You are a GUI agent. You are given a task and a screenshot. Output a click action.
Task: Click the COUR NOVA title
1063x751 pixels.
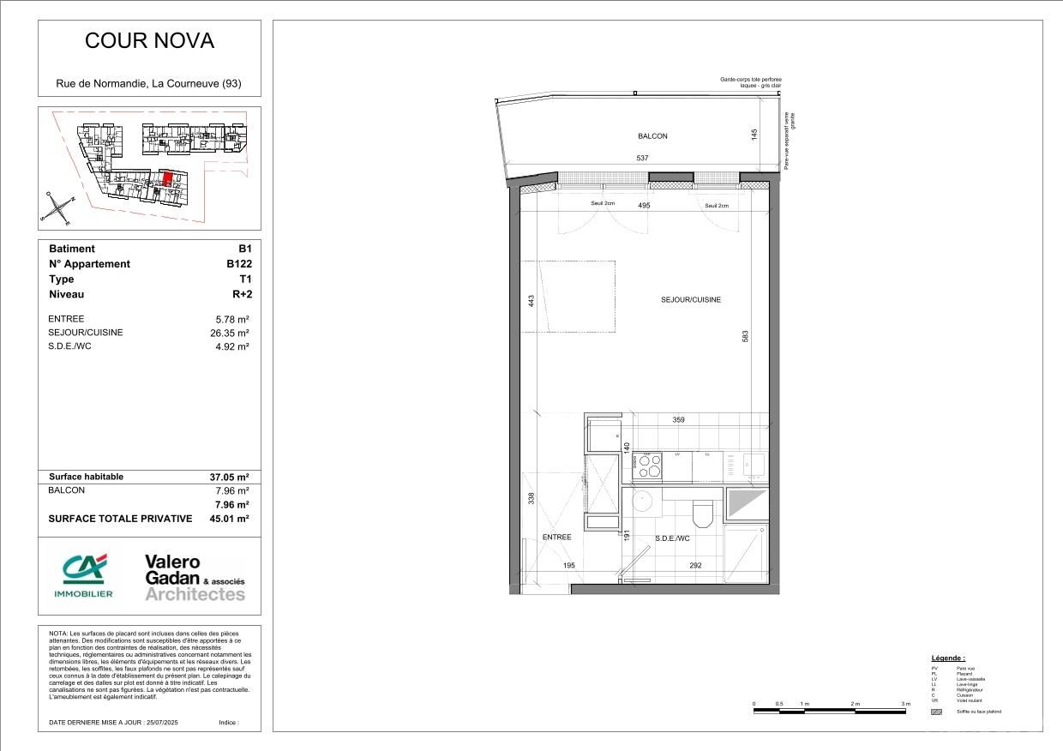(149, 41)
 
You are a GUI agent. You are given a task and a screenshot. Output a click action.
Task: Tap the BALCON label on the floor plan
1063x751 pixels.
(652, 136)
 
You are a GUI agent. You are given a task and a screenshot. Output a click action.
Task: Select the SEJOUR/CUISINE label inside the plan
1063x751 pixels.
(690, 300)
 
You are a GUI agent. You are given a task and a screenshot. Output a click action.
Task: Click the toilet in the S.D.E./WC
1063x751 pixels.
(702, 514)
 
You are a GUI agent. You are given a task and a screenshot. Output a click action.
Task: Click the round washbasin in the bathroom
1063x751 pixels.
(642, 502)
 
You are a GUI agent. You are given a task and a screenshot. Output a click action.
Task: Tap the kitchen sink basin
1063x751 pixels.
(754, 466)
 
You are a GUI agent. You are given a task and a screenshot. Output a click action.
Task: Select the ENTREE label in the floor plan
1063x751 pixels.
(556, 538)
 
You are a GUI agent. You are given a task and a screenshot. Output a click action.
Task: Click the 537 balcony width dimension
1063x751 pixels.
(642, 158)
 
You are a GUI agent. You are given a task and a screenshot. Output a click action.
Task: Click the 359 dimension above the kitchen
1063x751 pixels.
(678, 420)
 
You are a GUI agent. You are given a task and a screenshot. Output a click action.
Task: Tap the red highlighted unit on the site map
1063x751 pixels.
(168, 179)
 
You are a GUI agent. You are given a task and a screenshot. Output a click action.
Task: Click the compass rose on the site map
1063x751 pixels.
(57, 207)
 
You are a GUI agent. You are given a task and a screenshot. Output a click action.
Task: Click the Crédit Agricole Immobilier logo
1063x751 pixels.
(83, 575)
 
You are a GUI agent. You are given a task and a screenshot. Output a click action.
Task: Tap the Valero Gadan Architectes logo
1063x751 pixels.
(194, 577)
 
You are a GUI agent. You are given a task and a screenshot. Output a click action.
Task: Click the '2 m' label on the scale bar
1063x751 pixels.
(855, 704)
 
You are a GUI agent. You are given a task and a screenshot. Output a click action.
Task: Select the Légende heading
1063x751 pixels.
(948, 658)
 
